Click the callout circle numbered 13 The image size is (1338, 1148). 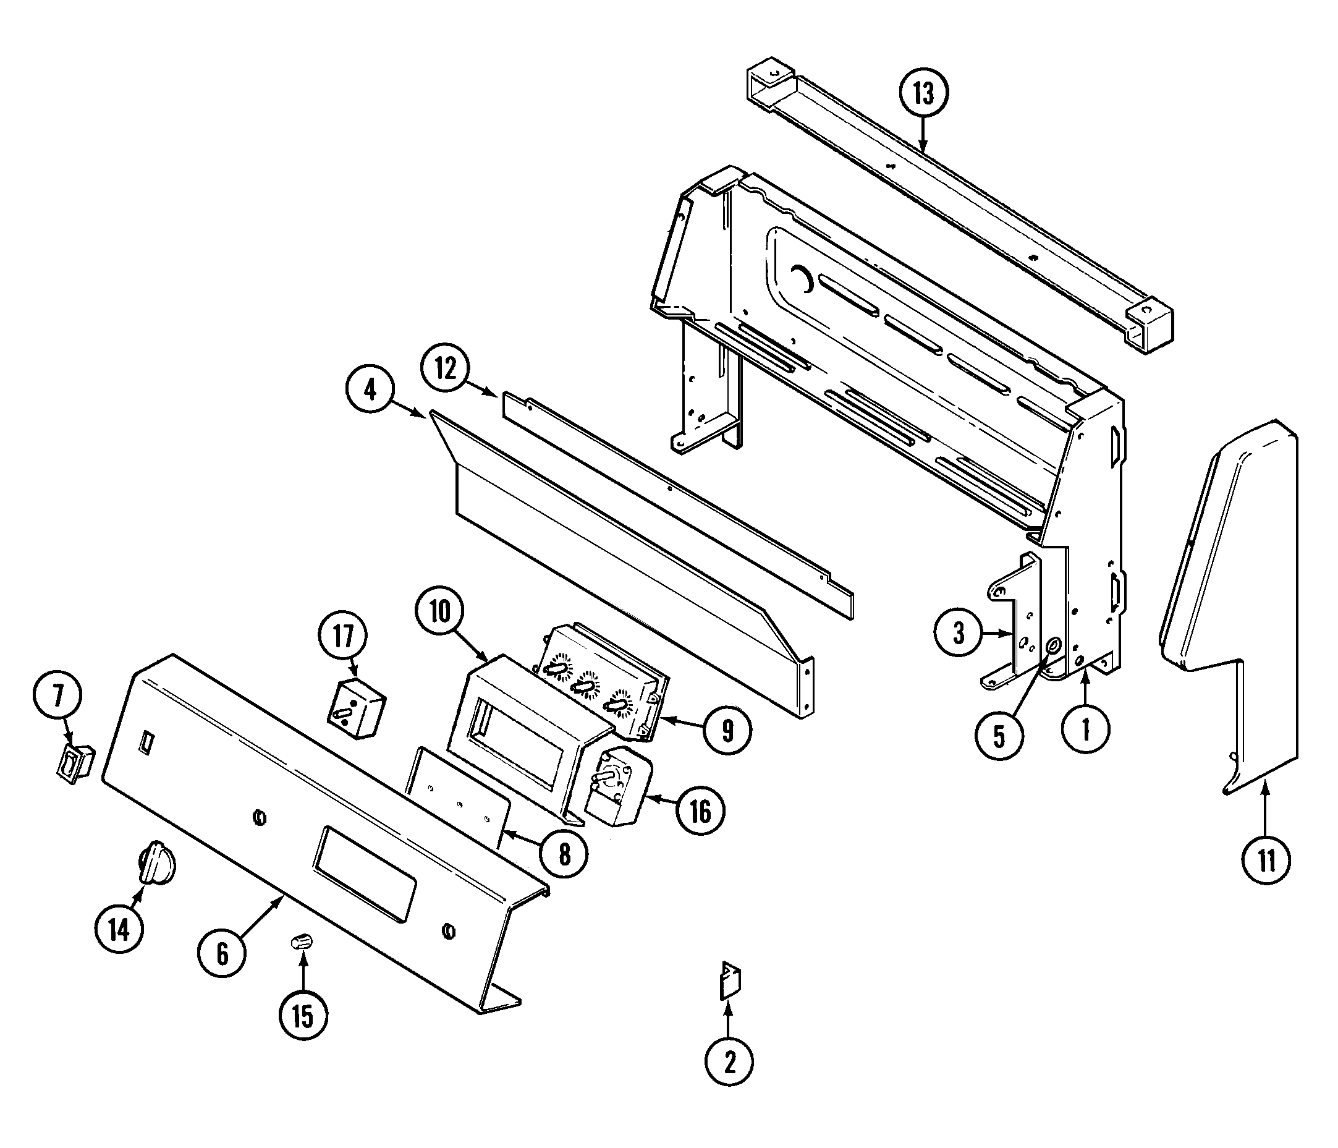click(923, 95)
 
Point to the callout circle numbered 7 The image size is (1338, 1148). click(58, 697)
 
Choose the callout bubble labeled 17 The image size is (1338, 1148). click(344, 636)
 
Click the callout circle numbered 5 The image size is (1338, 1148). click(999, 738)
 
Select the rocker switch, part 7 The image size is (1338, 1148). click(75, 764)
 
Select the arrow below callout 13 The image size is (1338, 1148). click(923, 139)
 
